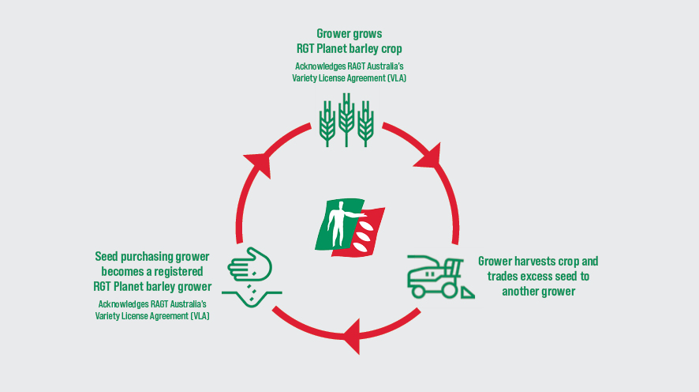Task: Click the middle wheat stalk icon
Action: coord(346,119)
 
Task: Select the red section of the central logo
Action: coord(361,232)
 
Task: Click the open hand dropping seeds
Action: coord(249,265)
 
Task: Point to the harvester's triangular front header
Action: coord(467,293)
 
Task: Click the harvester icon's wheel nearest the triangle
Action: coord(449,291)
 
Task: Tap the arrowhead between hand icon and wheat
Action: coord(259,164)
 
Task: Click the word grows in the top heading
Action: coord(367,34)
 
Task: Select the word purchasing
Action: coord(147,257)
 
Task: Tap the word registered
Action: coord(178,271)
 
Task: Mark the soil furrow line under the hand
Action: coord(252,298)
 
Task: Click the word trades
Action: coord(502,277)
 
